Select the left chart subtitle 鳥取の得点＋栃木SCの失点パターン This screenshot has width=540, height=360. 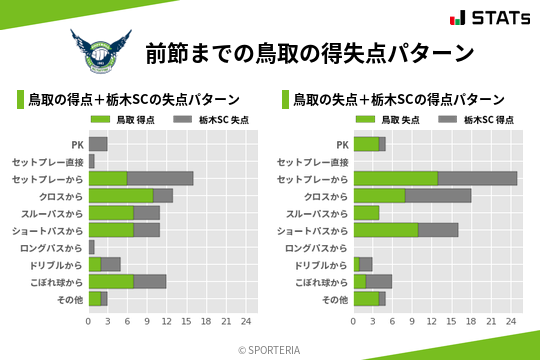[x=134, y=99]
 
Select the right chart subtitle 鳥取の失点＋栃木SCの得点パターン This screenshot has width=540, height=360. [x=399, y=99]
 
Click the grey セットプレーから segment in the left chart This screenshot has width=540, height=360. [x=160, y=178]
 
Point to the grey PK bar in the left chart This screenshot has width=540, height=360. [x=98, y=144]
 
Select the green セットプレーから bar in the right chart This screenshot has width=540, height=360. [x=396, y=178]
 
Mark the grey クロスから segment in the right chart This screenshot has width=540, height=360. [x=439, y=195]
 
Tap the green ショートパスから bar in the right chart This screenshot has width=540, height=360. [x=387, y=230]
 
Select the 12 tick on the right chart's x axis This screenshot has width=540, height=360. [x=432, y=322]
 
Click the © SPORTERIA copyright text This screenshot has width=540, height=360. [x=270, y=349]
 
